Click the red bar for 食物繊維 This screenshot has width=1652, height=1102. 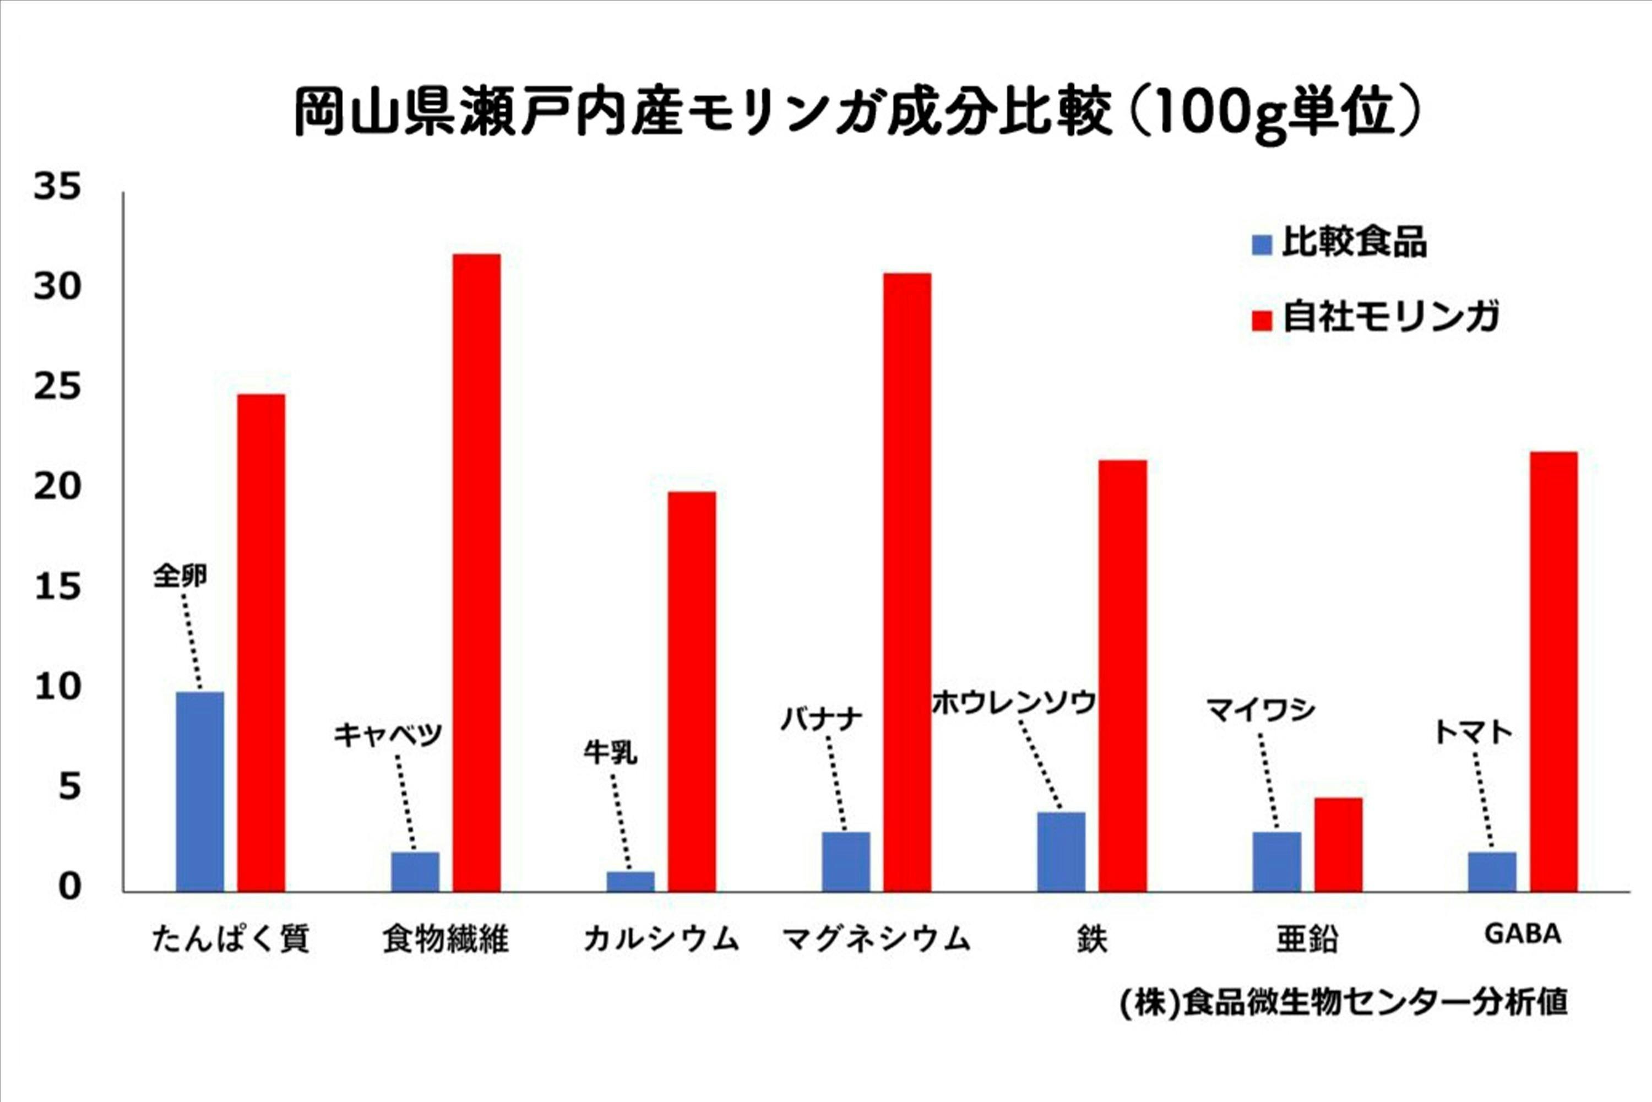476,573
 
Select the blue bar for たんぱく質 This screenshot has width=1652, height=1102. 199,792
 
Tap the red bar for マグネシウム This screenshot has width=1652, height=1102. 907,583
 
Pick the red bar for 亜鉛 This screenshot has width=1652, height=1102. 1338,844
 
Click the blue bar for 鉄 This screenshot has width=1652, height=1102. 1061,852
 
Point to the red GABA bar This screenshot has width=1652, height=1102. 1553,672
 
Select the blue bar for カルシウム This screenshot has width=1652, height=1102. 631,881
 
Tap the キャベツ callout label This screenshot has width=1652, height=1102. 387,735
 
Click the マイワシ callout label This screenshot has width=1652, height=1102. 1260,710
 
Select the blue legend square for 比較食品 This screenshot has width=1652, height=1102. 1262,245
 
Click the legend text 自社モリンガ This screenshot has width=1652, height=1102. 1390,318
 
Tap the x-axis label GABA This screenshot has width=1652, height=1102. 1522,934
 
